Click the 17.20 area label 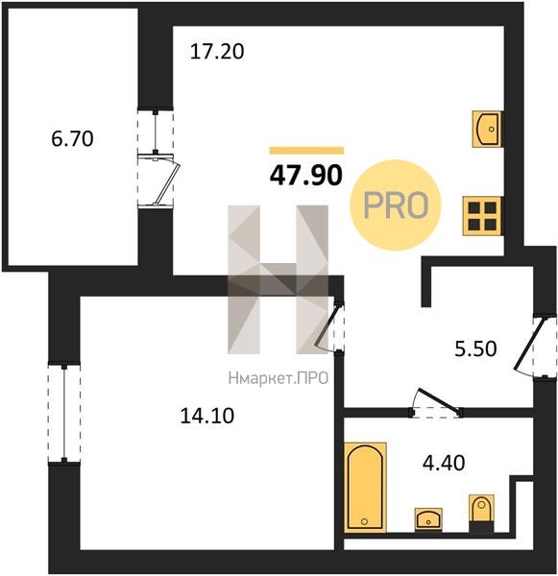coord(217,52)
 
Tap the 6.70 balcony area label coord(72,139)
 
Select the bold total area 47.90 coord(305,176)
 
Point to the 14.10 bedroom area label coord(206,417)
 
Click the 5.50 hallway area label coord(475,349)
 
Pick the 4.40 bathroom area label coord(444,463)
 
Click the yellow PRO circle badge coord(395,205)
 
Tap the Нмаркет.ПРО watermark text coord(279,378)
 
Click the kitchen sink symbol coord(487,129)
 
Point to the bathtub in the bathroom coord(365,488)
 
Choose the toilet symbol coord(481,514)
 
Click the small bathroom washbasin coord(428,519)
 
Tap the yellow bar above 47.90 coord(306,151)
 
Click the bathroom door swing coord(436,403)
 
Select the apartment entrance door coord(529,348)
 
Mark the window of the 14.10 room coord(64,412)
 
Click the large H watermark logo coord(279,279)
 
